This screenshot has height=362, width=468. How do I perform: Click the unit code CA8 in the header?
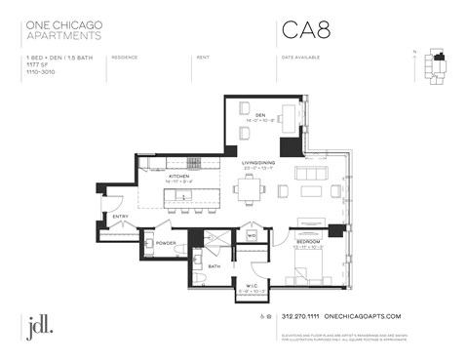305,29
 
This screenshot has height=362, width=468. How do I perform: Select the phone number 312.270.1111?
298,316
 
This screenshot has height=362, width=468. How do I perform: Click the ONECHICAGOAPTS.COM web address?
361,316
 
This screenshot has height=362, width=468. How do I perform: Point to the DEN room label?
259,114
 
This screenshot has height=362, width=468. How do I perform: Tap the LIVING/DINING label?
257,166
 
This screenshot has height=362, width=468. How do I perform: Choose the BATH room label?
214,265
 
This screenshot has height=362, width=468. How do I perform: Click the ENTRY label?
120,216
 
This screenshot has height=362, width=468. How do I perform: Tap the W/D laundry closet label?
251,234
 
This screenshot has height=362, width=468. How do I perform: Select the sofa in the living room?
312,173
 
